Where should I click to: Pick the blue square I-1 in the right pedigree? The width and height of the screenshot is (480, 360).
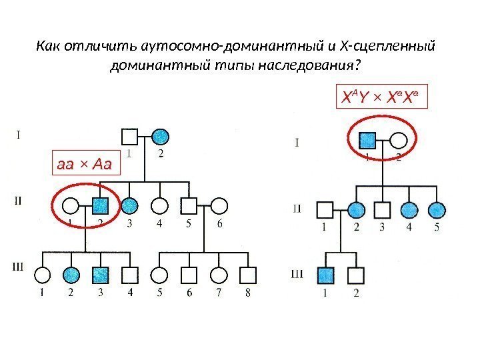coord(367,140)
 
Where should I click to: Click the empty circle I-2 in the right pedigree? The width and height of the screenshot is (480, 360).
coord(398,140)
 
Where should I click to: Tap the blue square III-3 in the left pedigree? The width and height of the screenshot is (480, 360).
coord(101,274)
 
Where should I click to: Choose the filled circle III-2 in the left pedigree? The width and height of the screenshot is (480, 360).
coord(72,274)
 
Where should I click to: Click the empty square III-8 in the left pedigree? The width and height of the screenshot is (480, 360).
coord(248,274)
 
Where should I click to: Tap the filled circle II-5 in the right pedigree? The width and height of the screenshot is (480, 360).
coord(436,210)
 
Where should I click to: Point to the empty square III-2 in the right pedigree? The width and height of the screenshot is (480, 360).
coord(356,275)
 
